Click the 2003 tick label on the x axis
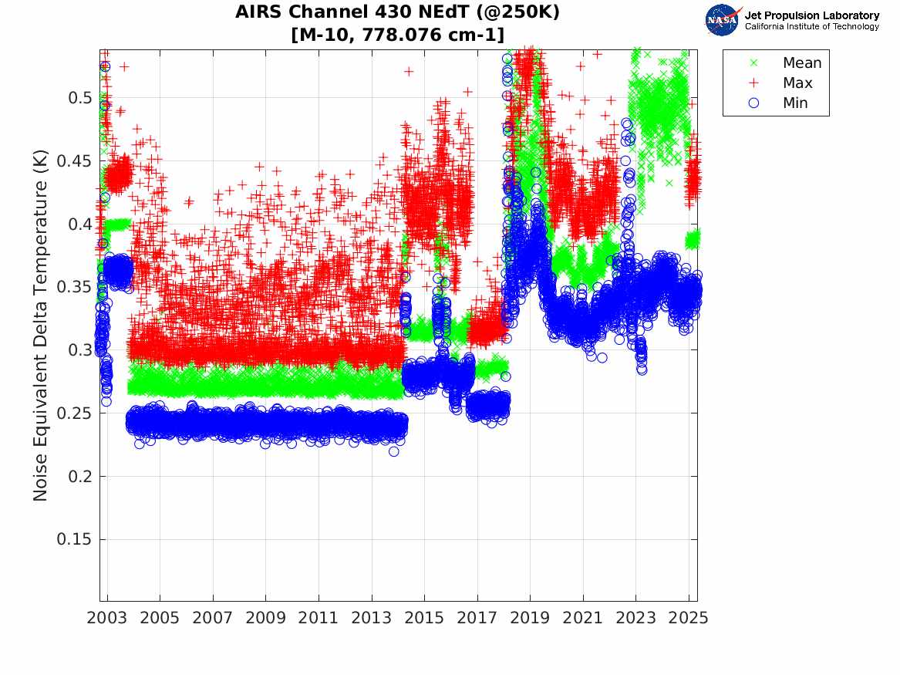(x=107, y=618)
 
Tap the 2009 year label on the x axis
(x=266, y=618)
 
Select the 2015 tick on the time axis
(x=424, y=618)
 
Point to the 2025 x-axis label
(x=689, y=618)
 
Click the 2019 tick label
(x=530, y=618)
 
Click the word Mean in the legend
(x=802, y=63)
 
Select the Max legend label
(x=797, y=83)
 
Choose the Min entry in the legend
(x=796, y=103)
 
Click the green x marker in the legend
(x=754, y=63)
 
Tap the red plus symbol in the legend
(x=754, y=83)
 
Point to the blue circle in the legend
(x=754, y=103)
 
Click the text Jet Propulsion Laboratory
(x=811, y=15)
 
